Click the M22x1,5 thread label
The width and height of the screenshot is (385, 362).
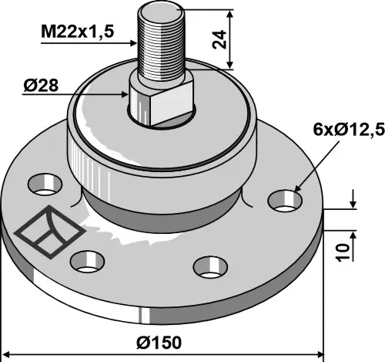click(x=77, y=32)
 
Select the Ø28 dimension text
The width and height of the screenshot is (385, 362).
click(x=41, y=86)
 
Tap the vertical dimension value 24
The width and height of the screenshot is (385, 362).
click(x=219, y=39)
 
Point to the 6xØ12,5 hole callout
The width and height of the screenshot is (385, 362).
click(x=349, y=130)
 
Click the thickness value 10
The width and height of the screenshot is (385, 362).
click(x=343, y=252)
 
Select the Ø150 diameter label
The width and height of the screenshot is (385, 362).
click(x=159, y=343)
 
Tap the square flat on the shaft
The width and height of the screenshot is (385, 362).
click(x=172, y=103)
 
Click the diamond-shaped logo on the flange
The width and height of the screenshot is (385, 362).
click(x=49, y=232)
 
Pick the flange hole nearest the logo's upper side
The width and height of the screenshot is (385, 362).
click(x=45, y=184)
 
